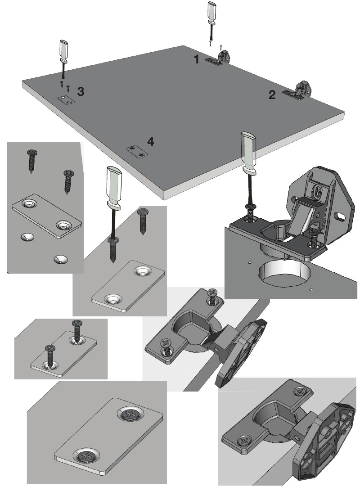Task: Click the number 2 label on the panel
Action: [271, 95]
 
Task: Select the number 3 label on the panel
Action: [80, 92]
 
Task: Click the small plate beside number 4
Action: [136, 152]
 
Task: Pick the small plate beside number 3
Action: [66, 100]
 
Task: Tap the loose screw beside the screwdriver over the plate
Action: [143, 221]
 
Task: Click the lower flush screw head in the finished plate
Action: [86, 455]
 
